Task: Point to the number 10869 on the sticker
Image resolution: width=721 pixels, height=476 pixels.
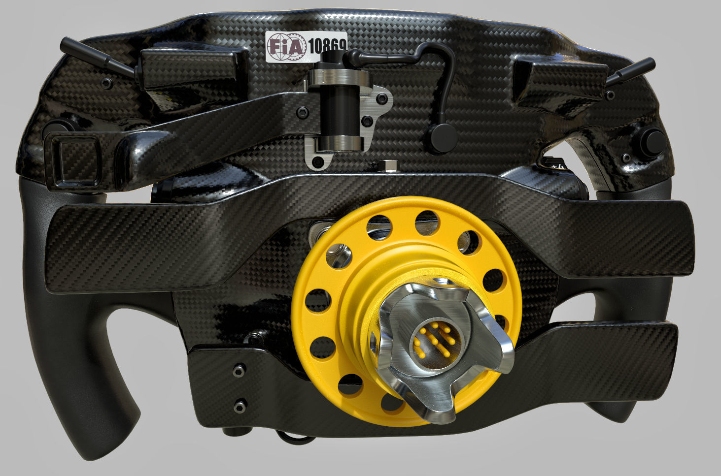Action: point(327,46)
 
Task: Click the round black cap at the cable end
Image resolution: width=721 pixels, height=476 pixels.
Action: point(441,138)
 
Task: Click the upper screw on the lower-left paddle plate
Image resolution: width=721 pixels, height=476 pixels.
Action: point(240,369)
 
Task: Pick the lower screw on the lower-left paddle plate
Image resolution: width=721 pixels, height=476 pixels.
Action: point(240,406)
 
